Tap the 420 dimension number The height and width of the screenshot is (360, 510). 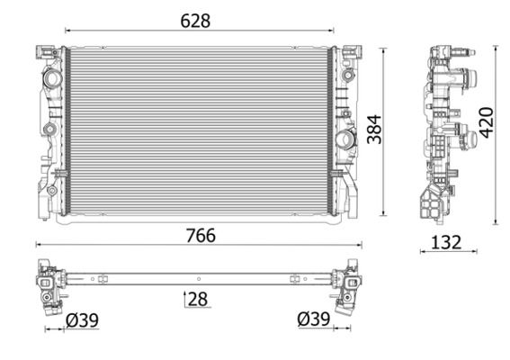point(486,121)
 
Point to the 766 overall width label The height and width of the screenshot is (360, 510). point(200,235)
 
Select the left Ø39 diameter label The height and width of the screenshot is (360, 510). point(82,319)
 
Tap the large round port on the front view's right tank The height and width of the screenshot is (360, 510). point(344,141)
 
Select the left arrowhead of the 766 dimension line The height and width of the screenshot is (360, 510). point(38,244)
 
